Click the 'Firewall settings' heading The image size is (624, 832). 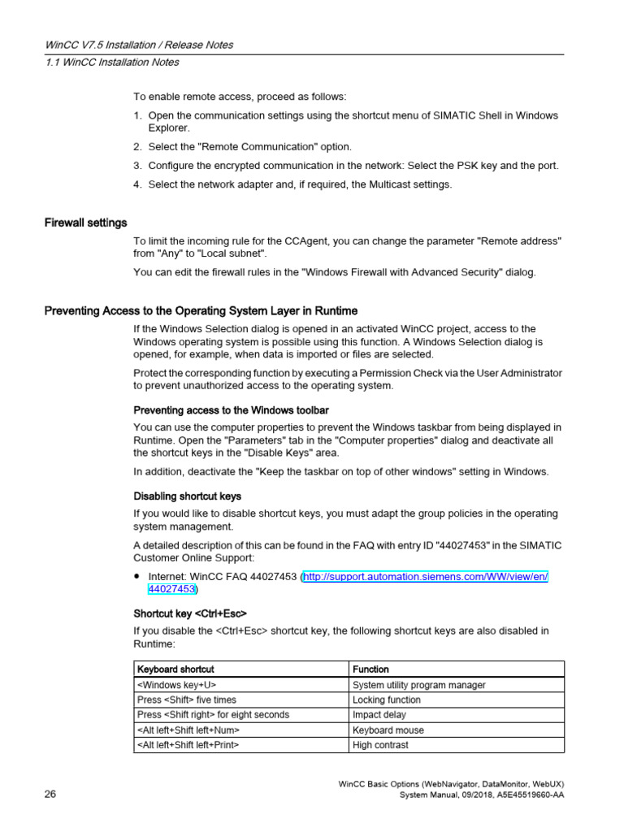[85, 223]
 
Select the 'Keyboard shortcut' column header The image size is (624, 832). [176, 669]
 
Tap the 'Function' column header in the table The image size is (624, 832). [370, 669]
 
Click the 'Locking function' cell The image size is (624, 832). [387, 700]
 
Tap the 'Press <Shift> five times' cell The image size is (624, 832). [187, 700]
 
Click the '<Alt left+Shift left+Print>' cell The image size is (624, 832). [188, 744]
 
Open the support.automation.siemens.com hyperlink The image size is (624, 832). [426, 576]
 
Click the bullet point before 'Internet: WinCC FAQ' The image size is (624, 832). [138, 576]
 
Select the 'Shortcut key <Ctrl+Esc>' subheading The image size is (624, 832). [190, 613]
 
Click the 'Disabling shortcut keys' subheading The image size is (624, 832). [187, 496]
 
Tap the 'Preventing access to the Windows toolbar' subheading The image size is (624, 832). [231, 409]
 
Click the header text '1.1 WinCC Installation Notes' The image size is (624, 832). [112, 62]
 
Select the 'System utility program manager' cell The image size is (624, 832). [419, 685]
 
